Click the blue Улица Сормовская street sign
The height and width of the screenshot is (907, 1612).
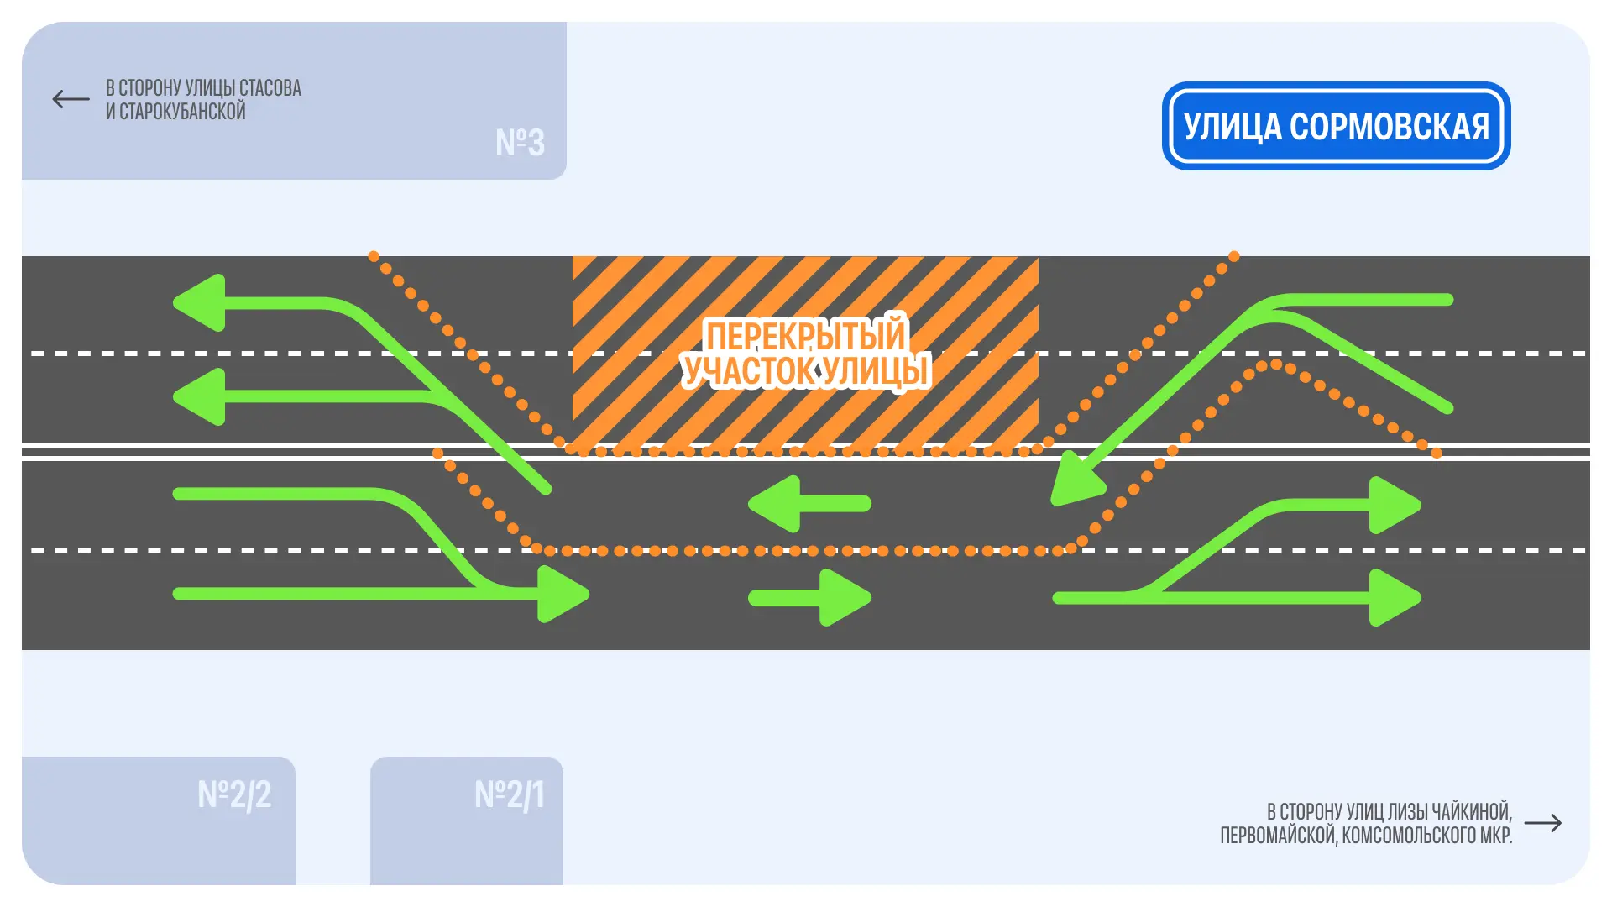(1336, 126)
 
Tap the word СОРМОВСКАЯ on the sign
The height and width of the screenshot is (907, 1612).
(1389, 127)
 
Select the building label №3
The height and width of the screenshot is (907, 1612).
(520, 143)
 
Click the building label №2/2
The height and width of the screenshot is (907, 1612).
(234, 794)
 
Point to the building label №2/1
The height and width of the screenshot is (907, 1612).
(510, 794)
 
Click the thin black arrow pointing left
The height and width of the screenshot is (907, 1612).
(71, 99)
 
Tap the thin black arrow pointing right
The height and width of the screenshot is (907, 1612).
(1542, 823)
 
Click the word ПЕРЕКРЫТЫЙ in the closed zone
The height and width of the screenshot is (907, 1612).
(805, 336)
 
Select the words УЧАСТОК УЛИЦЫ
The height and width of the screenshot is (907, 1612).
(805, 371)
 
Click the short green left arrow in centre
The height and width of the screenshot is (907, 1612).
(809, 504)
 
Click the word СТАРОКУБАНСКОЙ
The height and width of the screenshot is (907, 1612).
(182, 112)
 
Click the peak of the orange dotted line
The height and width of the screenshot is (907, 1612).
(1275, 364)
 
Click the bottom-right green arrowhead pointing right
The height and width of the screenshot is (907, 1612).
(1394, 598)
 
